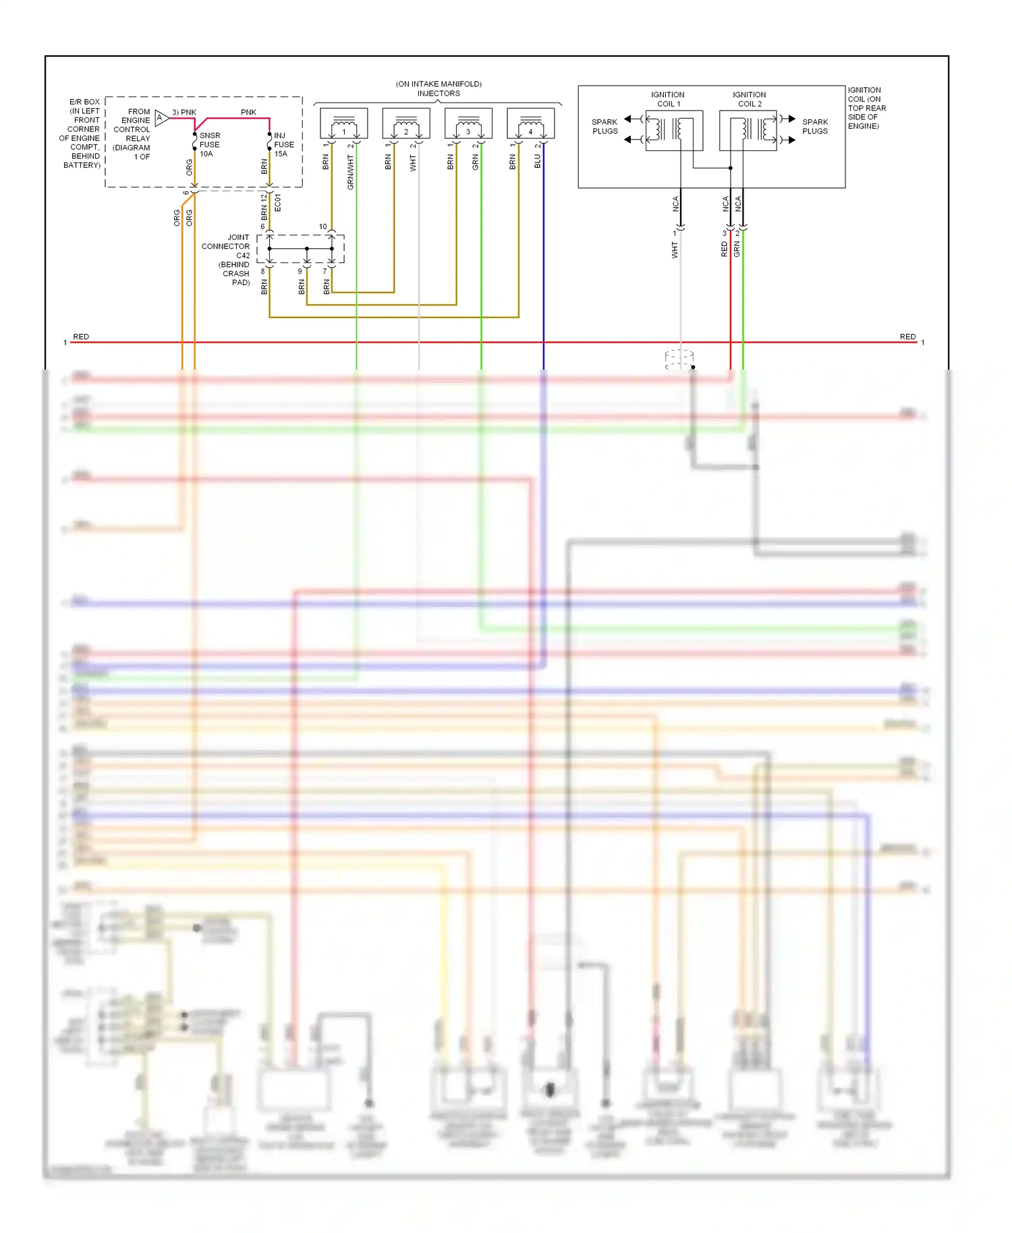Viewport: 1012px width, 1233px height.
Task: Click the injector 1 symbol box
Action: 343,123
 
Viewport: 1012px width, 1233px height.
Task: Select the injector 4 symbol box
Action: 530,123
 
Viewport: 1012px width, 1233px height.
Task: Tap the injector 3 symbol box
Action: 468,123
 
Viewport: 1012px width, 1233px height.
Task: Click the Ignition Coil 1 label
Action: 668,99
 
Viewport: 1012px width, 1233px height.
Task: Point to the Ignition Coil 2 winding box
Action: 748,130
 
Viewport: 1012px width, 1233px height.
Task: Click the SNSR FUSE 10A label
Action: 209,144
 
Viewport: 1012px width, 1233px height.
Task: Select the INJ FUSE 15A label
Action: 283,144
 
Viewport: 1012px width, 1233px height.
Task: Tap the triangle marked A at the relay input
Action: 161,118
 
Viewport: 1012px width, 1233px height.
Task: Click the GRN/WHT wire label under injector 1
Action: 351,172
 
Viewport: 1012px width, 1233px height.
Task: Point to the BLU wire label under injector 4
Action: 538,161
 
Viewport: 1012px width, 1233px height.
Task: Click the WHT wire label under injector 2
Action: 413,163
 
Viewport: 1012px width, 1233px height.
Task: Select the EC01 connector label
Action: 278,203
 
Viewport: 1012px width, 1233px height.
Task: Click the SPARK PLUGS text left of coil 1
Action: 605,127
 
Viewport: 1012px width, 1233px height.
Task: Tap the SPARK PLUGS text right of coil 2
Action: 814,127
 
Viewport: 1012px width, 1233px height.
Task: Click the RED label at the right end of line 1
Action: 907,337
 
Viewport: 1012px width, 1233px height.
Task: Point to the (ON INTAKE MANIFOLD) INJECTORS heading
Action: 439,88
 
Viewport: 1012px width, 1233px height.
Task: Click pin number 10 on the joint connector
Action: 322,227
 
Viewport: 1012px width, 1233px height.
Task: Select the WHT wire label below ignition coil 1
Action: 675,251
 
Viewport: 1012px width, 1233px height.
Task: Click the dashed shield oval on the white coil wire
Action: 679,359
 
